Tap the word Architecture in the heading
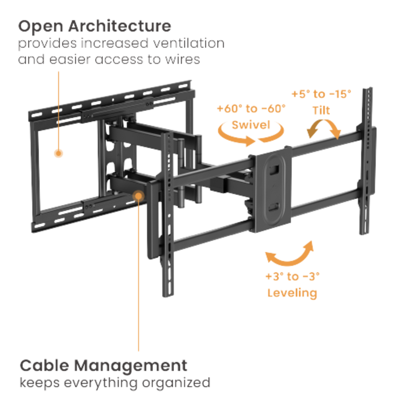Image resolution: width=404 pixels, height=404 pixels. tap(120, 26)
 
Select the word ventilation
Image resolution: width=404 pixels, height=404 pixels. tap(189, 43)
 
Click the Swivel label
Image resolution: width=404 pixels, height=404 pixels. tap(251, 125)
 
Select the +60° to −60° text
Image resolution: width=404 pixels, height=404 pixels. tap(251, 108)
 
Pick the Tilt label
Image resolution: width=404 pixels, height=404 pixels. tap(321, 110)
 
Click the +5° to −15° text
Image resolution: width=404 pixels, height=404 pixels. tap(321, 94)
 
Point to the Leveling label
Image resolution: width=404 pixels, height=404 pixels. tap(292, 293)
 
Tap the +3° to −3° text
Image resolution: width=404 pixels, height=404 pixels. tap(292, 276)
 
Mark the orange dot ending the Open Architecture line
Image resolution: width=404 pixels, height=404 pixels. tap(59, 154)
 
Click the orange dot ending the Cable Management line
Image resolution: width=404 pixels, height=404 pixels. tap(139, 196)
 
